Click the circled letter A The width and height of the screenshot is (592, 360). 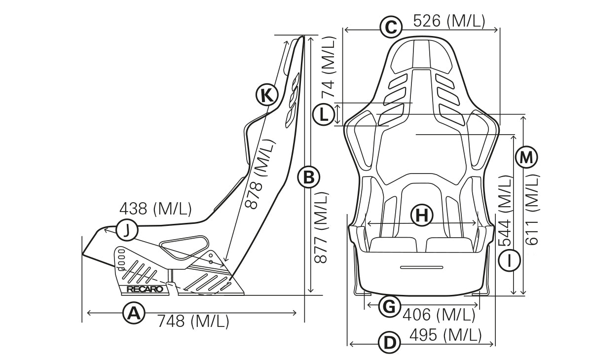pos(133,313)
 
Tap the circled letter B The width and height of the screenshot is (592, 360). pos(309,178)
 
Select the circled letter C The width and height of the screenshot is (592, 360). pos(390,27)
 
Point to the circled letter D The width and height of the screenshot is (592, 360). pos(389,343)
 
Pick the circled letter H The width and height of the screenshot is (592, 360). pos(421,215)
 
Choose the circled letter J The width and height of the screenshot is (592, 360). pos(127,230)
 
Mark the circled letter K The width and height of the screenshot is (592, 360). pos(267,95)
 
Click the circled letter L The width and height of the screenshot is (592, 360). pos(323,115)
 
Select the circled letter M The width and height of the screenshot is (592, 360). pos(526,158)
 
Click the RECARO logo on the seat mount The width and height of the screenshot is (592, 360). pos(145,289)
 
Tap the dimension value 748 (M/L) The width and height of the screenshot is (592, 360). pos(193,322)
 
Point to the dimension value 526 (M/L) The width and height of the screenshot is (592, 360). pos(448,21)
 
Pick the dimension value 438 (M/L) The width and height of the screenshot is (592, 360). pos(155,209)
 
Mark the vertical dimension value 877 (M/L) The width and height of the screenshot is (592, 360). pos(321,228)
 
